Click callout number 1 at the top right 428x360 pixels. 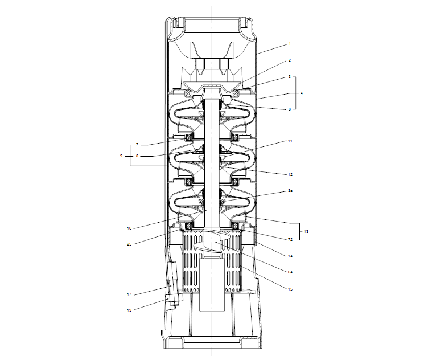pos(289,44)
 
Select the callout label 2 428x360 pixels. pos(289,60)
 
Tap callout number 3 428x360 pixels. pos(289,76)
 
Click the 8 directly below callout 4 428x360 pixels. pos(289,108)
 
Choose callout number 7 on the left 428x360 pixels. pos(137,145)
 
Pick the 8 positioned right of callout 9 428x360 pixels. pos(137,155)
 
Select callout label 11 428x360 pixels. pos(290,140)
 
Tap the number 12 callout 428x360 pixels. pos(290,174)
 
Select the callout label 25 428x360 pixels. pos(129,244)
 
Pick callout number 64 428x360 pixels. pos(290,272)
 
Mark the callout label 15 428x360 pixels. pos(290,289)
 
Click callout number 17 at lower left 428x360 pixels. pos(129,294)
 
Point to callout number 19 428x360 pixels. pos(129,310)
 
